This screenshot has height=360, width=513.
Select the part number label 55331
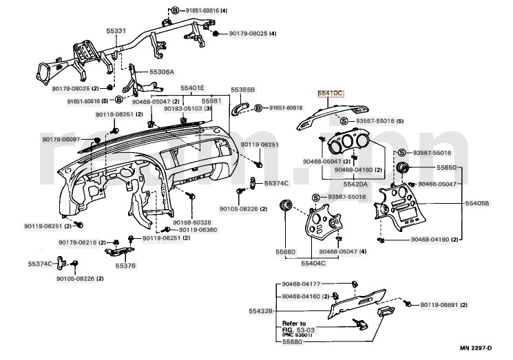click(116, 32)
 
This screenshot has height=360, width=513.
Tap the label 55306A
click(162, 72)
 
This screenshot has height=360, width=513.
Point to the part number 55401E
click(192, 89)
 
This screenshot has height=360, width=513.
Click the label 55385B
click(242, 90)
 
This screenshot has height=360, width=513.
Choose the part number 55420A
click(335, 184)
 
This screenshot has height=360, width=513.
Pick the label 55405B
click(477, 204)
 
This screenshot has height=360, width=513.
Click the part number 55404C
click(313, 262)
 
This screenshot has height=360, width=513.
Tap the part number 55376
click(125, 265)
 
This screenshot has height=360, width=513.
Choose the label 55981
click(211, 101)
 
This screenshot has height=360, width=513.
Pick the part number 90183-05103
click(183, 108)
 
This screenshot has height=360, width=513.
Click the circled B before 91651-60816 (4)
click(174, 11)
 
